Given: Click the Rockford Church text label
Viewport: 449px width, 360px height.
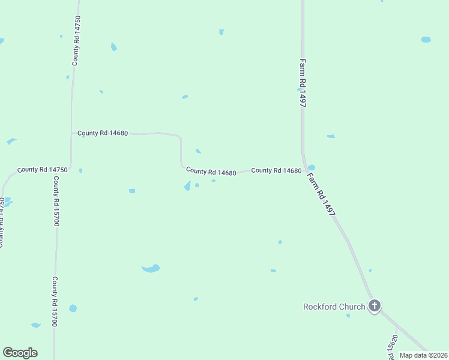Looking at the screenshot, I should pos(334,307).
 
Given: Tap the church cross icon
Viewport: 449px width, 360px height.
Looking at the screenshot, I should pos(375,306).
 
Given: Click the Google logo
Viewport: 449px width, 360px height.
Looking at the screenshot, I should pos(20,353).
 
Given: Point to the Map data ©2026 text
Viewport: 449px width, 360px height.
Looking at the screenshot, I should pos(423,355).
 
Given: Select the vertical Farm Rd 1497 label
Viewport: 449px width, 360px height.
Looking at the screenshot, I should pos(303,83).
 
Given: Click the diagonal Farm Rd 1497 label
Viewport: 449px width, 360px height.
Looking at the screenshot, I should pos(321,194).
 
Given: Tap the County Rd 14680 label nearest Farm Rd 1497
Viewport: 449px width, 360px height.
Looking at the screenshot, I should pos(276,170).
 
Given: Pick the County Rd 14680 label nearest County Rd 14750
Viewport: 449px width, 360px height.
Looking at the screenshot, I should pos(103,133).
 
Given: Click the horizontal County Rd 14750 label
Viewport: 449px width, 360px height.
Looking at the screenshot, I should pos(43,170).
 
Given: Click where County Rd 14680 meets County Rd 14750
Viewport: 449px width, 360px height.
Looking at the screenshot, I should pos(71,133).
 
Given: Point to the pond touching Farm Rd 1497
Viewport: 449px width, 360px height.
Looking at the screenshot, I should pos(311,168).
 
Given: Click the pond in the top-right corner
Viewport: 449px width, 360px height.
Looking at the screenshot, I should pos(426,40).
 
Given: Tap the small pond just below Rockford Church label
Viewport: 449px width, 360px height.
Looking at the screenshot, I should pos(348,315).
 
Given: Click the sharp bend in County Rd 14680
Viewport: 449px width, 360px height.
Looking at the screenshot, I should pos(180,137).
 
